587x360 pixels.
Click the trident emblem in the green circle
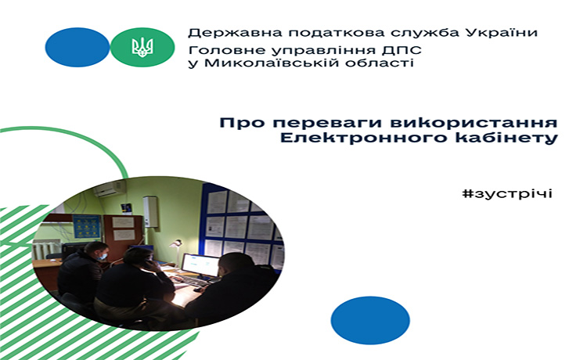click(x=142, y=47)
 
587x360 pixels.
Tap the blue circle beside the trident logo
click(x=77, y=47)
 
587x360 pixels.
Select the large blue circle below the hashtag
click(x=370, y=320)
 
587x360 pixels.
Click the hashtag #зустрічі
click(x=507, y=193)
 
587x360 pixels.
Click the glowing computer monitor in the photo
click(x=200, y=265)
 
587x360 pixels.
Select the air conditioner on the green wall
click(x=110, y=189)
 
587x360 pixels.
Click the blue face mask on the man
click(x=102, y=256)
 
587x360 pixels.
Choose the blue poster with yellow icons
click(x=87, y=227)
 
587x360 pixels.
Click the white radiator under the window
click(x=46, y=250)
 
